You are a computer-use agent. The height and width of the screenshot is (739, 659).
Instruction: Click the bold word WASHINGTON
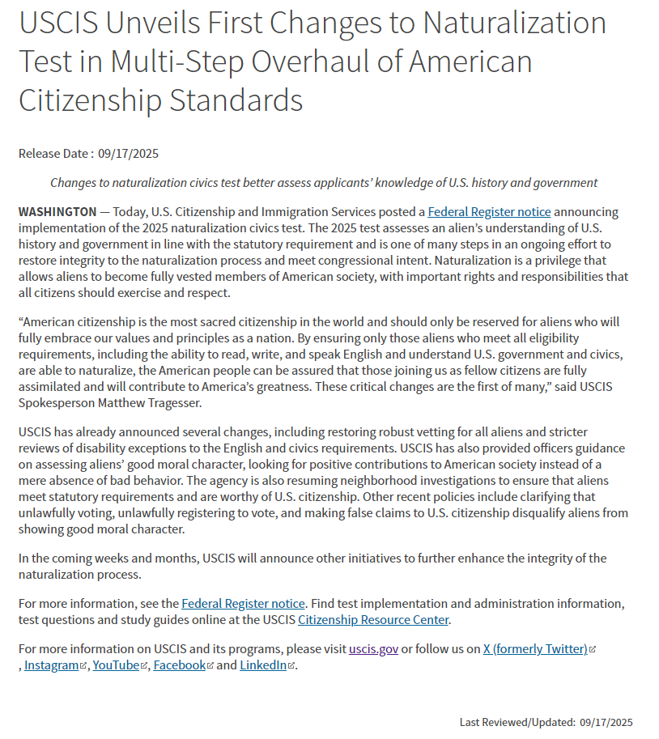(x=57, y=211)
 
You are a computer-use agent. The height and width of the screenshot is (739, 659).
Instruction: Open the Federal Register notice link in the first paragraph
(x=489, y=211)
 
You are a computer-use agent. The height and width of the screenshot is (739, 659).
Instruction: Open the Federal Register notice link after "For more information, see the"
(x=243, y=603)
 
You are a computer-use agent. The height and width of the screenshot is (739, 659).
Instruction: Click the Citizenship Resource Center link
(x=373, y=619)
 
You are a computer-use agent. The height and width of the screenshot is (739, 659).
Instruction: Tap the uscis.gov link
(x=373, y=648)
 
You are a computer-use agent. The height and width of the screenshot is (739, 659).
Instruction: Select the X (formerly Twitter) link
(x=535, y=648)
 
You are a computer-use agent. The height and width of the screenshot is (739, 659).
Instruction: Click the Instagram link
(x=52, y=665)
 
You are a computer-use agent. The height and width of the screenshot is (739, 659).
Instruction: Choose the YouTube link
(x=116, y=665)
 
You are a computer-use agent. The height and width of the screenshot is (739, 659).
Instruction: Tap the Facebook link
(x=179, y=665)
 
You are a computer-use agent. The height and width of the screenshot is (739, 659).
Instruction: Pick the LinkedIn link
(x=263, y=665)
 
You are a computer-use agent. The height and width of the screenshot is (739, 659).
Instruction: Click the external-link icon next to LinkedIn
(x=291, y=665)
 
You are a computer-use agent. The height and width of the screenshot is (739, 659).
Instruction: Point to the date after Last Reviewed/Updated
(x=606, y=722)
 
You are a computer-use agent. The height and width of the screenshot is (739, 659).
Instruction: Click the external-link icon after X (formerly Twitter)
(x=593, y=649)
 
